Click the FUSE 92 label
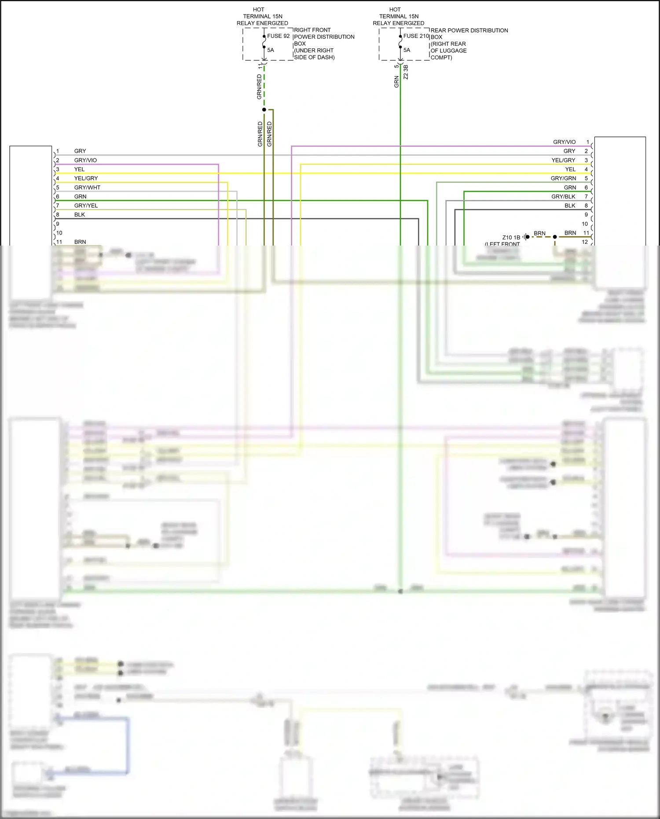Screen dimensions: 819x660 [x=278, y=36]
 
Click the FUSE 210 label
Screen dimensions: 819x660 [x=416, y=36]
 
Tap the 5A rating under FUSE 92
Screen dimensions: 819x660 [x=271, y=50]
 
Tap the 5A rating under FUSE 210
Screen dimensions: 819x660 [x=407, y=50]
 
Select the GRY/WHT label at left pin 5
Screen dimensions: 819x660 [x=87, y=187]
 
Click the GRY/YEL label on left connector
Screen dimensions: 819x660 [x=86, y=206]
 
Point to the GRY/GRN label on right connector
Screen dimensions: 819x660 [x=563, y=178]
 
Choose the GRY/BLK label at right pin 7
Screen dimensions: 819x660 [x=563, y=197]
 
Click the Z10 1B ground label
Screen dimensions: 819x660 [x=511, y=238]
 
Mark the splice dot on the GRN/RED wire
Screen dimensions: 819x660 [x=264, y=110]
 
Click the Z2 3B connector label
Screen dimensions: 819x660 [x=406, y=72]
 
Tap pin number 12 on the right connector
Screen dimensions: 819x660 [x=585, y=242]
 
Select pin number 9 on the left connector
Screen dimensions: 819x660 [x=58, y=224]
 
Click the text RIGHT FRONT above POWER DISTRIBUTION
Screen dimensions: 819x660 [x=312, y=30]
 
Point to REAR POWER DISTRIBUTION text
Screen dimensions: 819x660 [x=469, y=30]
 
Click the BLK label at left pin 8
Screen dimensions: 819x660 [x=80, y=215]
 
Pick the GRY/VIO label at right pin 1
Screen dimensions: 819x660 [x=564, y=142]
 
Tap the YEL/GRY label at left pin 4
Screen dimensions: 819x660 [x=86, y=178]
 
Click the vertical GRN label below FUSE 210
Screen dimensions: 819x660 [x=396, y=81]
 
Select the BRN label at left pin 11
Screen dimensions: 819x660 [x=80, y=242]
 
